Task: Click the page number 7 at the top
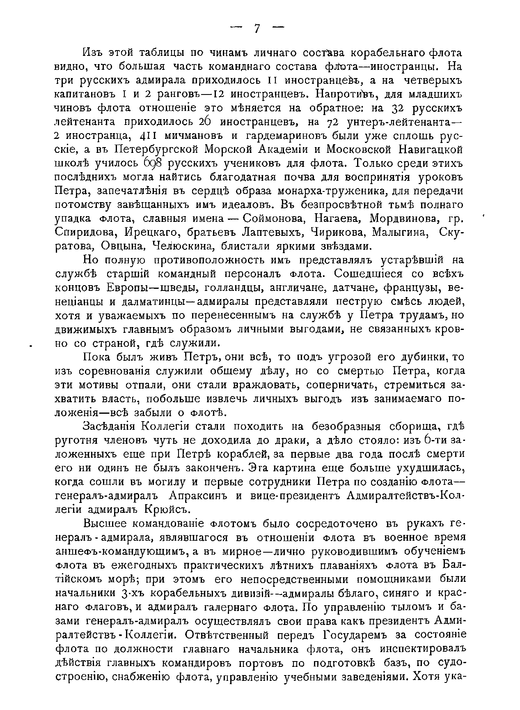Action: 257,28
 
